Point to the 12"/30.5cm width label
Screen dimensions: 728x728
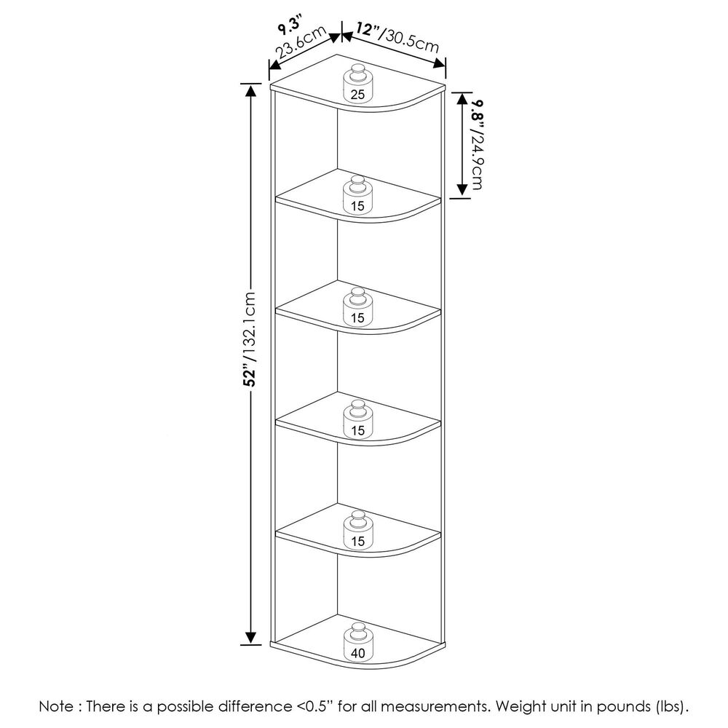click(x=397, y=36)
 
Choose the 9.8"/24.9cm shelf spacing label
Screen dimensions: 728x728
click(x=479, y=144)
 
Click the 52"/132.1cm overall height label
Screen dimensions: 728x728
click(x=249, y=339)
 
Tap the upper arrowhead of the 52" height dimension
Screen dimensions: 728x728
click(x=250, y=90)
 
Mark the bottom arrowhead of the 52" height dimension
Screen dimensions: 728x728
click(x=250, y=638)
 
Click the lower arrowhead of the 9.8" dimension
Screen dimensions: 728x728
click(x=462, y=190)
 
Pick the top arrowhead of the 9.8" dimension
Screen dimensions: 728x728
click(x=462, y=98)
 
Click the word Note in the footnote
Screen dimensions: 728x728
click(x=56, y=707)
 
